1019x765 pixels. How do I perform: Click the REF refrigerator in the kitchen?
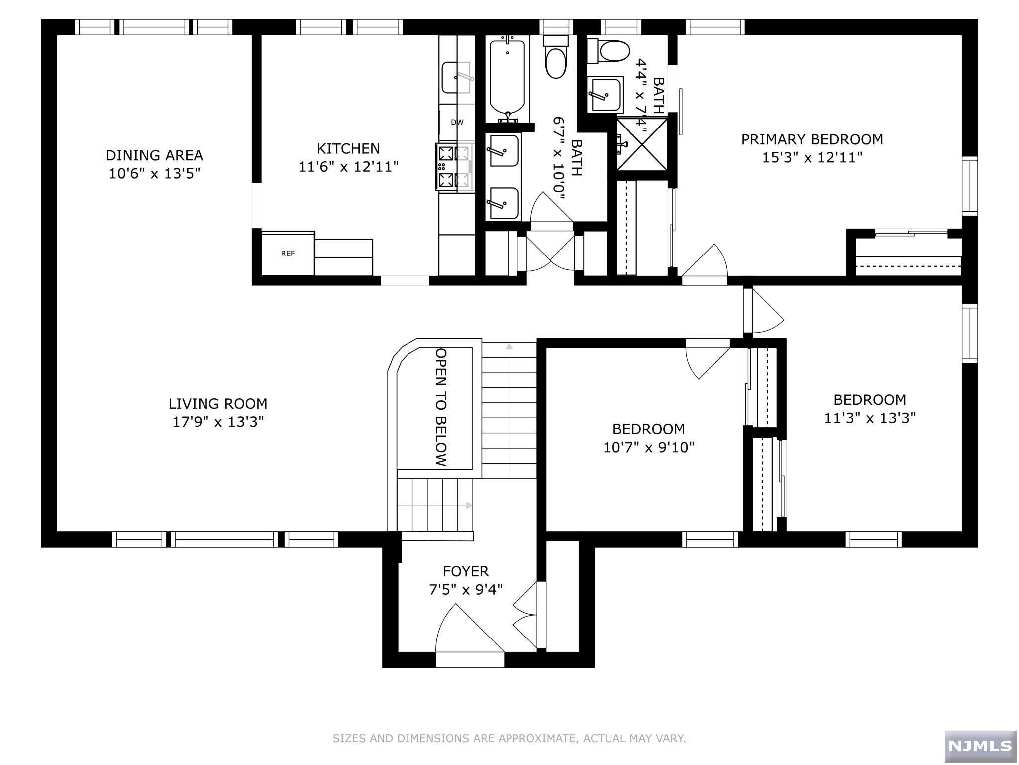point(288,253)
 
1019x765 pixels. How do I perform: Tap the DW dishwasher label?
point(457,122)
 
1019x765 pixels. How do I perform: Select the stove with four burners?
point(453,166)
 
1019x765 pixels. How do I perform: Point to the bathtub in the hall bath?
point(508,77)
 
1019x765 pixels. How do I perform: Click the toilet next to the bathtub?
point(556,57)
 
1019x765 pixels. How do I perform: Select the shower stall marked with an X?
point(642,144)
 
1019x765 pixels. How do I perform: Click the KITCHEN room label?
point(348,148)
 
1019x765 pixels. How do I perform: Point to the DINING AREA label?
point(154,155)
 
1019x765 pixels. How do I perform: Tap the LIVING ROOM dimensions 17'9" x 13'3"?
point(218,422)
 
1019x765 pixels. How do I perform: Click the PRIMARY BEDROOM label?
point(812,139)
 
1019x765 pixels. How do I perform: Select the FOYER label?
point(466,571)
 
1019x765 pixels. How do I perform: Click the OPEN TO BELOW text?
point(441,407)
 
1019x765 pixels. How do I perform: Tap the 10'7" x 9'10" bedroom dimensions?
point(649,447)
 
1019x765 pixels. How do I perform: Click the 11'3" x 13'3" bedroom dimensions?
point(870,418)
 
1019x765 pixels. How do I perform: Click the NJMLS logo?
point(980,746)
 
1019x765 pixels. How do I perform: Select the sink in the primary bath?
point(605,95)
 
